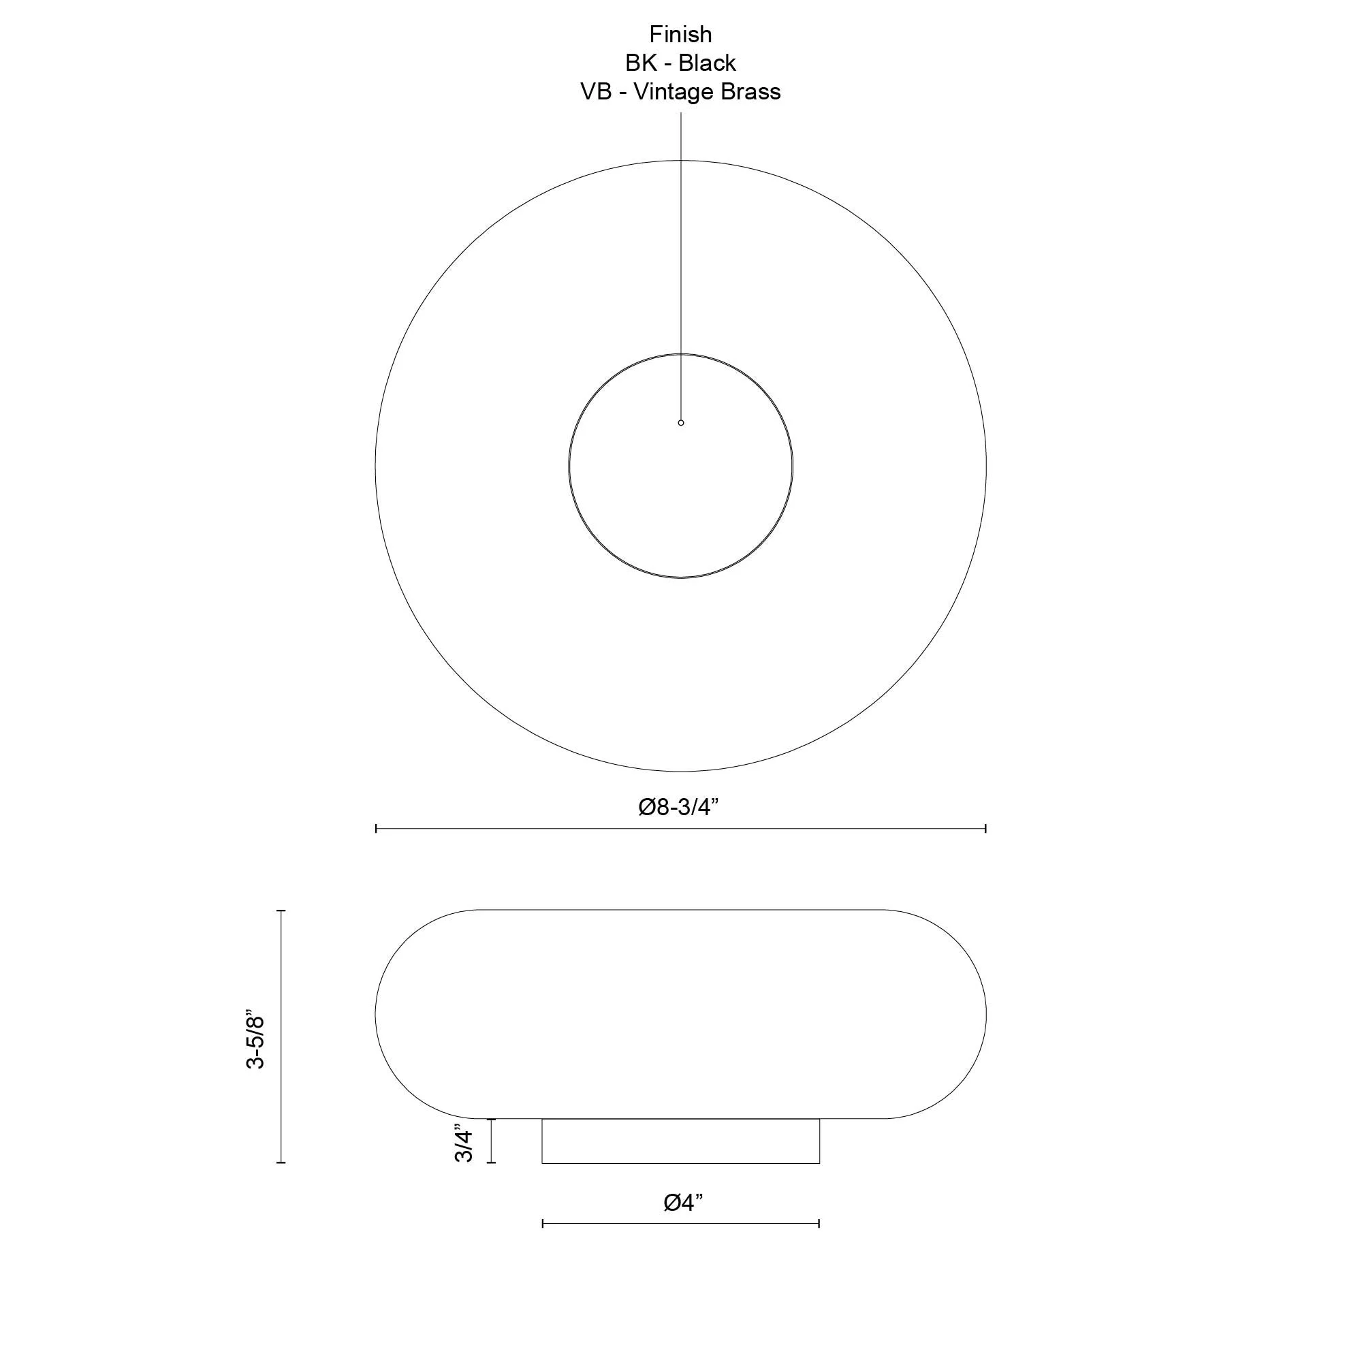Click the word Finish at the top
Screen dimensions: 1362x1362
point(680,34)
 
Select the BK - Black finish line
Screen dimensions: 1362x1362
point(680,63)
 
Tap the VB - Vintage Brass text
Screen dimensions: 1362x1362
point(680,92)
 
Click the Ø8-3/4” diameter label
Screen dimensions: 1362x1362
point(678,806)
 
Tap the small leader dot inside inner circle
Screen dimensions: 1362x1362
point(681,422)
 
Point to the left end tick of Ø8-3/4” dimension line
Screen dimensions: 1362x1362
point(377,828)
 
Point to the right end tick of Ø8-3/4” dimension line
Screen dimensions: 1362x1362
point(985,828)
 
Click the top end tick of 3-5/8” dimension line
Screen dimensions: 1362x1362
point(281,910)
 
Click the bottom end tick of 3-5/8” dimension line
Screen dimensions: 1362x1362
point(281,1162)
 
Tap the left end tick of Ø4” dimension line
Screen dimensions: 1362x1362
point(543,1224)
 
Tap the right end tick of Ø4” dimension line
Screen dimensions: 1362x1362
point(819,1224)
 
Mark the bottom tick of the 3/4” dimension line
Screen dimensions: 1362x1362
point(492,1162)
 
